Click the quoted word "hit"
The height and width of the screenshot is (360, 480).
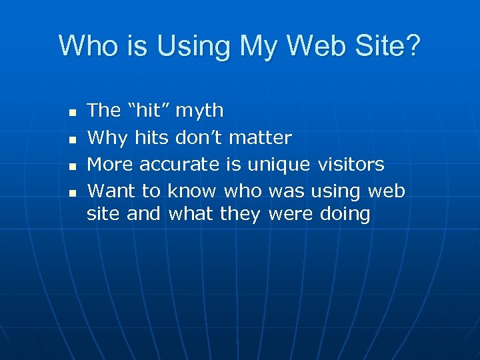[149, 110]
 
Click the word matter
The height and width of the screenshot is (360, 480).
[260, 137]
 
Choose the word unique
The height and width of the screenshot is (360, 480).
[279, 165]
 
